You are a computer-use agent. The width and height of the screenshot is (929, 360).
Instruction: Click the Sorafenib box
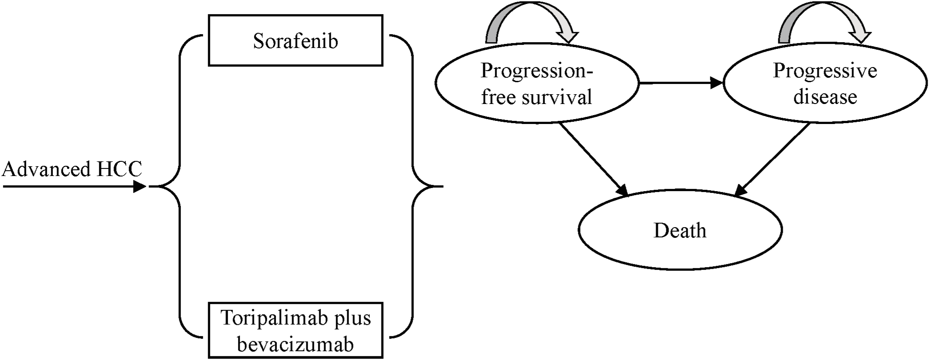pos(295,40)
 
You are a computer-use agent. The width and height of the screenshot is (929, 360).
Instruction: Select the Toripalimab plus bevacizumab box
pos(295,331)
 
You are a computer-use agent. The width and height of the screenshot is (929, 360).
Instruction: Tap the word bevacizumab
pos(295,344)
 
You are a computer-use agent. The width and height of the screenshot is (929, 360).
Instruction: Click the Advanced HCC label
pos(72,169)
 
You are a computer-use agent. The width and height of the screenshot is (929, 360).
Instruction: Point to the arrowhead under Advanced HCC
pos(140,186)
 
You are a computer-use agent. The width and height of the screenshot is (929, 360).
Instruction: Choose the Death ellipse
pos(680,230)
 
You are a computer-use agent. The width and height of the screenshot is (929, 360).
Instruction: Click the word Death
pos(680,230)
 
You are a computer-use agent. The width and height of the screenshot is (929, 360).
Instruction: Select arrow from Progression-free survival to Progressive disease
pos(680,83)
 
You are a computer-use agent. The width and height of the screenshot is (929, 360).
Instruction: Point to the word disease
pos(825,97)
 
